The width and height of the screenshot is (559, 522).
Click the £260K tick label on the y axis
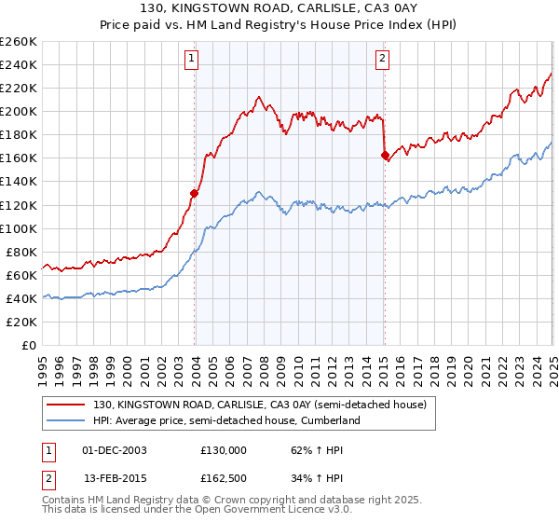click(19, 42)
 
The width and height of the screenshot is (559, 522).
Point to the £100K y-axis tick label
click(19, 228)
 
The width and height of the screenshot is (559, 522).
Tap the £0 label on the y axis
click(29, 345)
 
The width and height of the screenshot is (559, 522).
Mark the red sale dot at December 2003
click(195, 193)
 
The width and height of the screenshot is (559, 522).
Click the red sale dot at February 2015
click(385, 156)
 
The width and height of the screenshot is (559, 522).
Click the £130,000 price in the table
click(224, 449)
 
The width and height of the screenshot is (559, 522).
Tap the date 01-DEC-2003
click(115, 449)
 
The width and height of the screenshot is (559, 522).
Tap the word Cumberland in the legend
click(330, 420)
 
